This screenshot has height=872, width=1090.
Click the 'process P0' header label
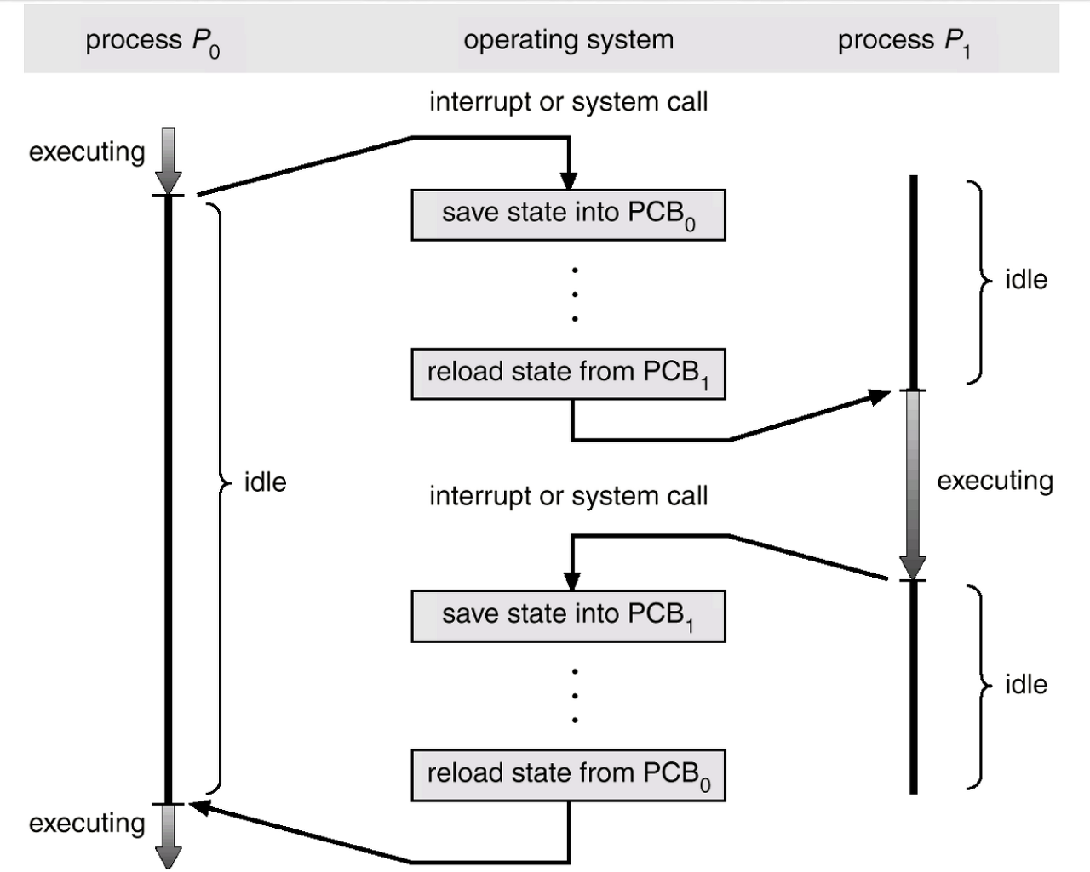pos(152,42)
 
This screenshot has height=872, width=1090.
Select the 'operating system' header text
pos(568,40)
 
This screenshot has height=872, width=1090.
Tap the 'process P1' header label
pos(904,42)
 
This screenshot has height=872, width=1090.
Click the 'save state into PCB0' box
pos(568,214)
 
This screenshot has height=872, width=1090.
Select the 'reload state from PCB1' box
pos(568,373)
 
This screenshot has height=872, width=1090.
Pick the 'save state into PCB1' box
pos(568,616)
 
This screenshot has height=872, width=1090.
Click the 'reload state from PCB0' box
pos(568,775)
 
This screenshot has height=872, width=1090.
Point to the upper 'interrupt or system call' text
pos(568,102)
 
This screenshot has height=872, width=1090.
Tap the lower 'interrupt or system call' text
pos(568,496)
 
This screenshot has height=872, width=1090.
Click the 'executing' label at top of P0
pos(87,152)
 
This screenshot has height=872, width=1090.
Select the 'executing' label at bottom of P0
pos(87,824)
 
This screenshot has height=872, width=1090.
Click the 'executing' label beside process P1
pos(995,482)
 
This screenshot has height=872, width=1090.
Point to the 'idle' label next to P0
pos(265,482)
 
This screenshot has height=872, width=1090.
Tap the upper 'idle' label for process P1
pos(1025,280)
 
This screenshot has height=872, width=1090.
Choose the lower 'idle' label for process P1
pos(1025,685)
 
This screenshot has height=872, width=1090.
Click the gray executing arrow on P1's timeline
pos(913,485)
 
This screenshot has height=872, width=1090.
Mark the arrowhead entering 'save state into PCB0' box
pos(569,180)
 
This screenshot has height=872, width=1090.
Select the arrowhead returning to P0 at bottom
pos(199,807)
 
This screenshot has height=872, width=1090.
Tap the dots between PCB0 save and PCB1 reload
pos(576,294)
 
